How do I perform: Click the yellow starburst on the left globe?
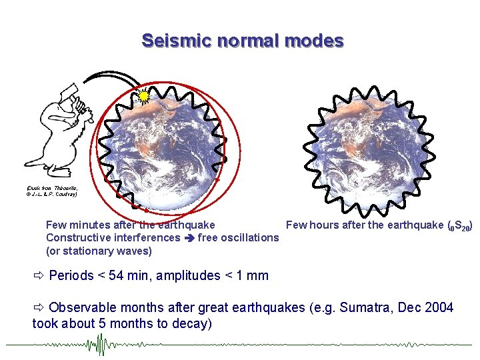pyautogui.click(x=143, y=97)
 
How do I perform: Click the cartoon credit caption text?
pyautogui.click(x=52, y=191)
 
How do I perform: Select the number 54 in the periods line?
pyautogui.click(x=115, y=275)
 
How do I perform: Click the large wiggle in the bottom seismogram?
pyautogui.click(x=101, y=345)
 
